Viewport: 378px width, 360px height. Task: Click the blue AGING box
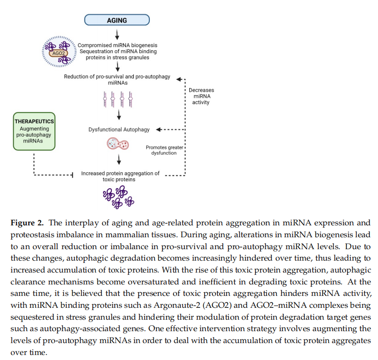[117, 20]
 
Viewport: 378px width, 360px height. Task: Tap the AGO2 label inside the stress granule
[59, 53]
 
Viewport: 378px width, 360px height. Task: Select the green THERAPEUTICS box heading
[34, 121]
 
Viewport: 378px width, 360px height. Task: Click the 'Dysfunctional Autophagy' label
[119, 130]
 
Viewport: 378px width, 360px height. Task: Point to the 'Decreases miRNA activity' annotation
[201, 96]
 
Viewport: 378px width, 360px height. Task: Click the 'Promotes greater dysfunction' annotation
[164, 150]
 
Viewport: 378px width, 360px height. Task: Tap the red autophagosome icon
[118, 144]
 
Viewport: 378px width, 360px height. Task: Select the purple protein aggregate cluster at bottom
[118, 197]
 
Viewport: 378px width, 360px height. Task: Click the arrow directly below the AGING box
[117, 34]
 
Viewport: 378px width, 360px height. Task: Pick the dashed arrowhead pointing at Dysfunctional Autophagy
[159, 130]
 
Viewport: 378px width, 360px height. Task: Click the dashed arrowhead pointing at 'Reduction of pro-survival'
[179, 79]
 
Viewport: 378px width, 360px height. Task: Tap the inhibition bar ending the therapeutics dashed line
[72, 175]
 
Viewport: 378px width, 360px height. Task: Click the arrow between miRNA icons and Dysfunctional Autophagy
[119, 115]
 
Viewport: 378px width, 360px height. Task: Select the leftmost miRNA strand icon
[105, 99]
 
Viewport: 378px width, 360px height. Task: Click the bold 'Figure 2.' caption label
[27, 223]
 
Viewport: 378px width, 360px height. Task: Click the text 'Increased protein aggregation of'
[121, 174]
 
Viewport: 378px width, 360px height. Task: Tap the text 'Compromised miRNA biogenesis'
[117, 45]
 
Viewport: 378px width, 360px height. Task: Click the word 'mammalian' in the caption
[126, 235]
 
